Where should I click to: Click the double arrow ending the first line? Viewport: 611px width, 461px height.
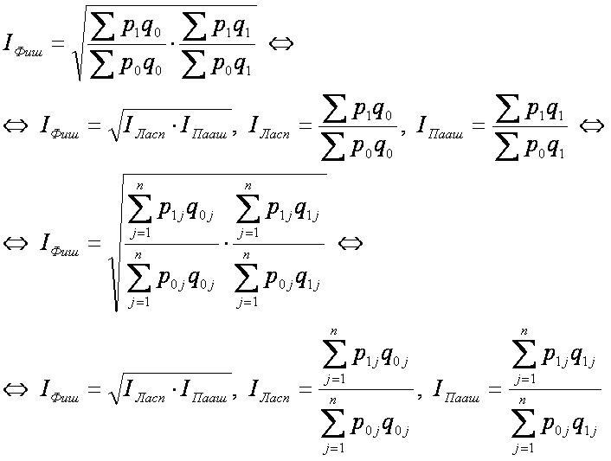280,42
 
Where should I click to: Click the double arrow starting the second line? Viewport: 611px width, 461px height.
16,127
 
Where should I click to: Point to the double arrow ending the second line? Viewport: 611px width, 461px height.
590,127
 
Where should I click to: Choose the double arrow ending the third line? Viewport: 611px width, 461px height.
348,244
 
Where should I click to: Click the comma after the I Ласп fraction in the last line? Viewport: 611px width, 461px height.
420,394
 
